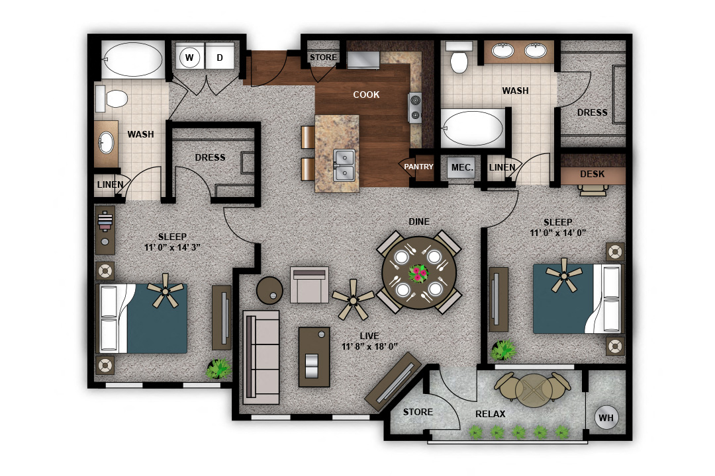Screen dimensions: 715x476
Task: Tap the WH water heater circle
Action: pos(606,417)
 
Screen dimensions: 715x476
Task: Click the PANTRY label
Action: pos(418,167)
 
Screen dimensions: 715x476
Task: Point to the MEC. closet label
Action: pos(462,167)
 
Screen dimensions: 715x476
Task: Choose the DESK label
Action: pos(593,174)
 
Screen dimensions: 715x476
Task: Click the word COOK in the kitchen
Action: pos(366,95)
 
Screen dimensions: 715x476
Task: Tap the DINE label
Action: pos(419,222)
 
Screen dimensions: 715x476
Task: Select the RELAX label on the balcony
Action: pos(490,414)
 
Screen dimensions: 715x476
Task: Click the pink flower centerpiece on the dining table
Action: pos(418,274)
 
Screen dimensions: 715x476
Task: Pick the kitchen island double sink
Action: pos(344,165)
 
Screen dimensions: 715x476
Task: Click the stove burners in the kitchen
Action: pos(415,107)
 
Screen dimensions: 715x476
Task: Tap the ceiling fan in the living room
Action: pos(354,299)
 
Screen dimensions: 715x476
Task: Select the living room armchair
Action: pos(310,285)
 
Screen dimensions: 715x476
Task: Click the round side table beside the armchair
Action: pos(269,291)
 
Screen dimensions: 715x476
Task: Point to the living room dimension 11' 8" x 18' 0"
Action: pos(369,346)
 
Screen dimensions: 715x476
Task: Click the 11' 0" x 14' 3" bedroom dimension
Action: pos(172,247)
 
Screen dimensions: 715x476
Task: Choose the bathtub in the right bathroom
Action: pos(473,128)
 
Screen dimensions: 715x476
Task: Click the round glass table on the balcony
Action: pos(532,390)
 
